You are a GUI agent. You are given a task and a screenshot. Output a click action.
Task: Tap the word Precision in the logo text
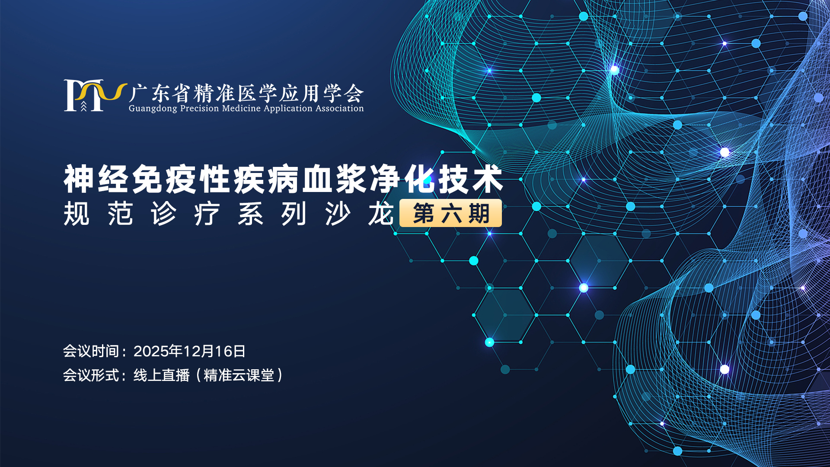[199, 108]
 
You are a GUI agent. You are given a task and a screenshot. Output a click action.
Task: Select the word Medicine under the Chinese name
[242, 108]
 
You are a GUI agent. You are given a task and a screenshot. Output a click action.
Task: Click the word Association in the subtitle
[339, 108]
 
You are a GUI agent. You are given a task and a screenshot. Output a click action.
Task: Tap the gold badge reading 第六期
[450, 213]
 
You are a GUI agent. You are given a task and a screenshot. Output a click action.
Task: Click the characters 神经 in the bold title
[96, 179]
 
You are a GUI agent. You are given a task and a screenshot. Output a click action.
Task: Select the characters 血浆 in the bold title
[335, 179]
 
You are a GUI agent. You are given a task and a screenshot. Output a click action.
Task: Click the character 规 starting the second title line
[77, 214]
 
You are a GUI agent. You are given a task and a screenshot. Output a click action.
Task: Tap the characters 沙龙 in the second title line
[359, 214]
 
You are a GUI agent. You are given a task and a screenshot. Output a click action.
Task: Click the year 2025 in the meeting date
[151, 351]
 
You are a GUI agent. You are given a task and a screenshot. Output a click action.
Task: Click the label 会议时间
[91, 351]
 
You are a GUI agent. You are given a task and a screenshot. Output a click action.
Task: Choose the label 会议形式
[91, 375]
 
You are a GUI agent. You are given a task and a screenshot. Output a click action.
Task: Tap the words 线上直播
[161, 375]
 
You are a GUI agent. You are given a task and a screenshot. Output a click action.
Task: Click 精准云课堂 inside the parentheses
[239, 375]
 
